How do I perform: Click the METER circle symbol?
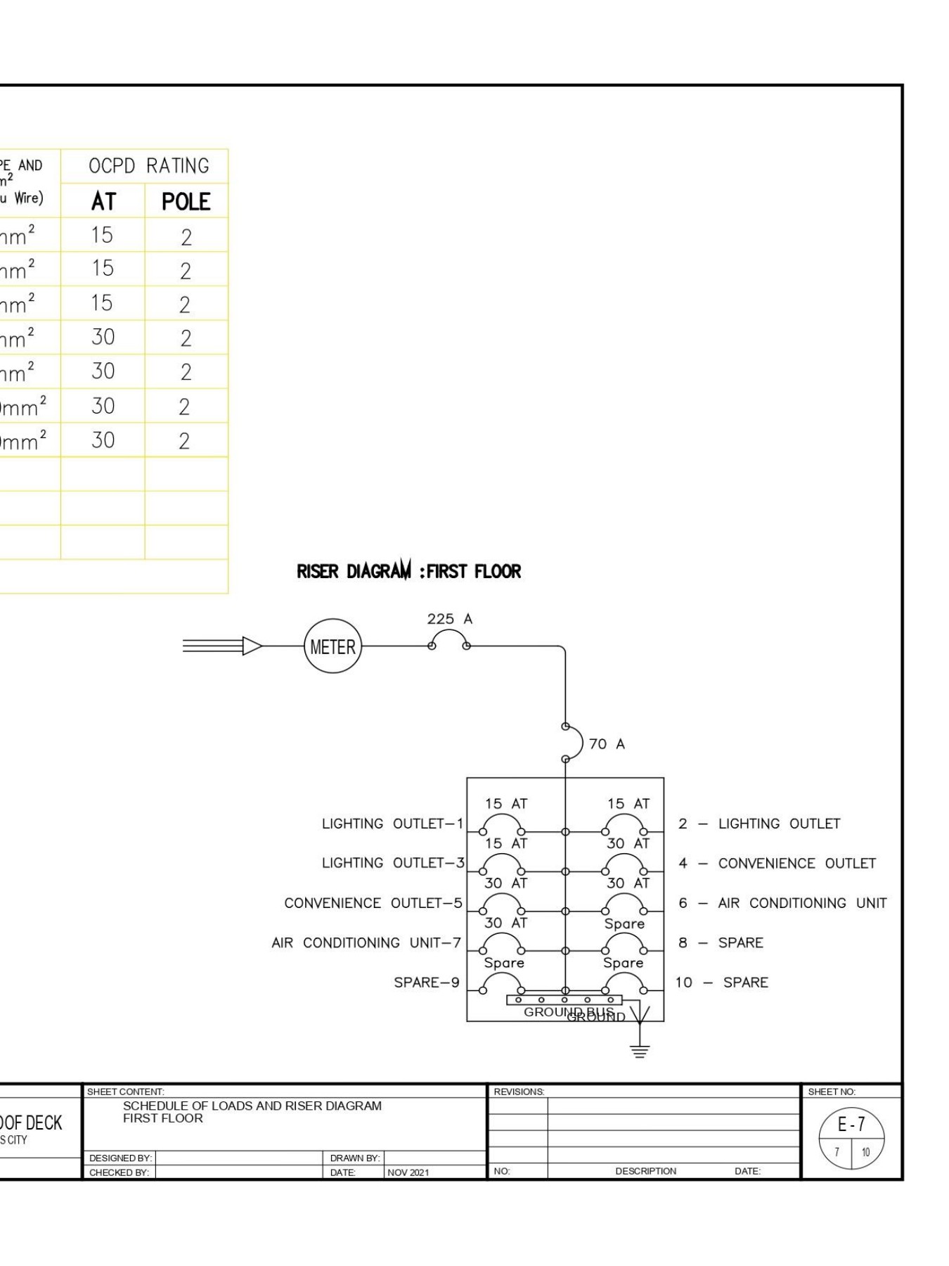click(333, 646)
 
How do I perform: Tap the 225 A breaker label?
click(449, 619)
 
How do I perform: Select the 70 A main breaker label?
click(607, 744)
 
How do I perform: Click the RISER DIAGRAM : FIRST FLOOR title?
click(408, 571)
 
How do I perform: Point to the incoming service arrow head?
click(252, 646)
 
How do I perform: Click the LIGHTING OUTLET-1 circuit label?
click(392, 824)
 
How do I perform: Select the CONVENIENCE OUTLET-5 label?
click(373, 903)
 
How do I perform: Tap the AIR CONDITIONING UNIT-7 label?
click(366, 942)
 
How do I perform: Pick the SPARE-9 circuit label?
click(426, 983)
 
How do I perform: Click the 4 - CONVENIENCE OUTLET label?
click(777, 863)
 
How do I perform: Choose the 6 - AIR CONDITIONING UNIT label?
click(782, 903)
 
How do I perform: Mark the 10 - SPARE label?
click(722, 983)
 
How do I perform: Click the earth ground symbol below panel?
click(639, 1051)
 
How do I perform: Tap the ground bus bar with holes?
click(564, 999)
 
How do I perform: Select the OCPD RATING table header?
click(149, 166)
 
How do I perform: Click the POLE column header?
click(186, 202)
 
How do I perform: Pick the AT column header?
click(103, 202)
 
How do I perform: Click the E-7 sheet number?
click(851, 1125)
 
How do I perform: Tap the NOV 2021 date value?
click(408, 1172)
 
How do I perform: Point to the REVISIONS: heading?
click(519, 1092)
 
